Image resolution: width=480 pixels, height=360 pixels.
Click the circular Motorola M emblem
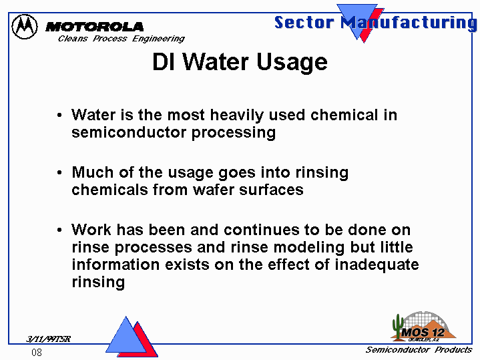click(25, 26)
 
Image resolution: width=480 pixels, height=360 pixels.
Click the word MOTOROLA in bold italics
click(94, 27)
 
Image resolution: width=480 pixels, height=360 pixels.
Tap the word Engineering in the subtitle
click(159, 39)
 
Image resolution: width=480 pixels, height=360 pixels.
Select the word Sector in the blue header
click(304, 22)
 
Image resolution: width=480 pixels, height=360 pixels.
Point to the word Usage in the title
click(292, 63)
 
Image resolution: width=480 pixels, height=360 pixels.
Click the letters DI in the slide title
click(164, 61)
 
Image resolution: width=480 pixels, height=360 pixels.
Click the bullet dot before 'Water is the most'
click(59, 116)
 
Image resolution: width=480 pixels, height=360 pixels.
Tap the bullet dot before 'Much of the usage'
click(59, 173)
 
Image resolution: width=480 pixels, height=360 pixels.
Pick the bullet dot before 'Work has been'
click(59, 230)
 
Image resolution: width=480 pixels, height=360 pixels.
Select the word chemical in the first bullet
click(344, 115)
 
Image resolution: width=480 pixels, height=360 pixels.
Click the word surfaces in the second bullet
click(271, 190)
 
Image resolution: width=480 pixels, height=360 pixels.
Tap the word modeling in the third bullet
click(309, 248)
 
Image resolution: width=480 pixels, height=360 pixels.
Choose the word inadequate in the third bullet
click(377, 264)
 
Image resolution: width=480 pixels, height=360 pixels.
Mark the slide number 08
click(37, 353)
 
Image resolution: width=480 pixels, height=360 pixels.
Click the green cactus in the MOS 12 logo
click(398, 327)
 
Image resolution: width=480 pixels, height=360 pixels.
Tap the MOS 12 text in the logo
click(423, 333)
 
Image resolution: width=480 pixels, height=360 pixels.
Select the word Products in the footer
click(453, 350)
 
